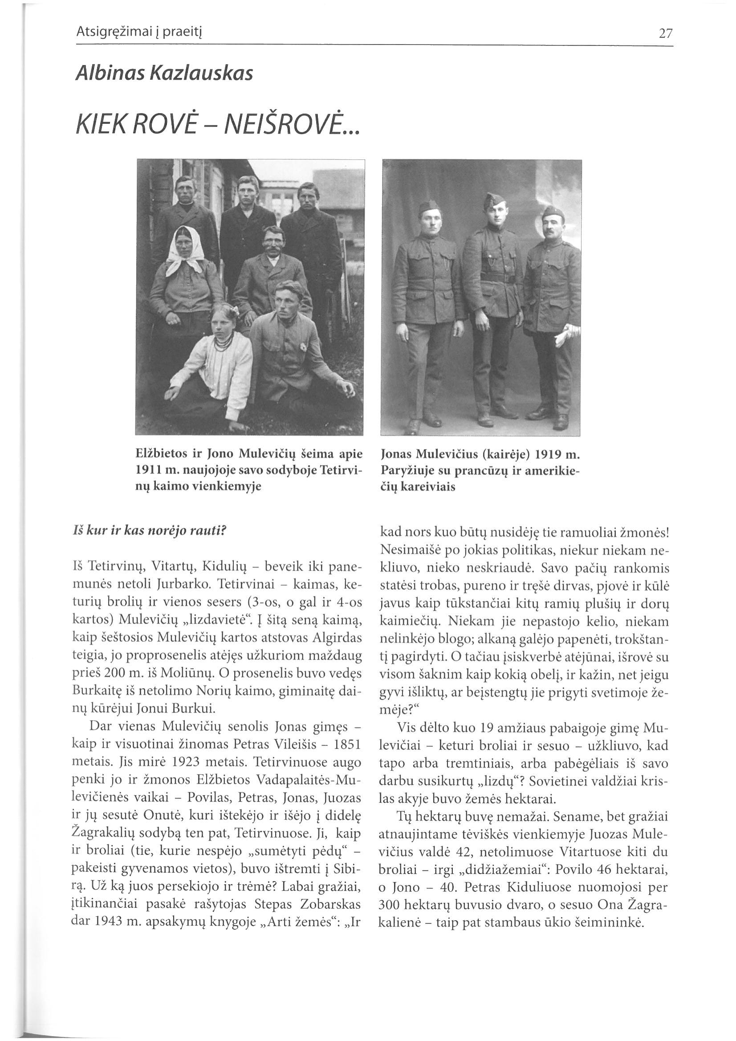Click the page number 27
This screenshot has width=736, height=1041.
666,34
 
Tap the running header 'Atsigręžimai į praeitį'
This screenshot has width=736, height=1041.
138,33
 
